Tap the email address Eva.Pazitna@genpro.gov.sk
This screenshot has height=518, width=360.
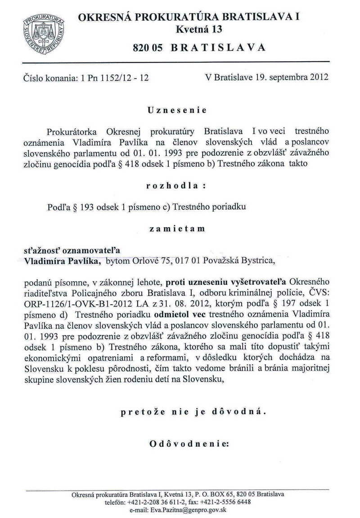[178, 509]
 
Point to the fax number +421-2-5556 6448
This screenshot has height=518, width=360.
[227, 502]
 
